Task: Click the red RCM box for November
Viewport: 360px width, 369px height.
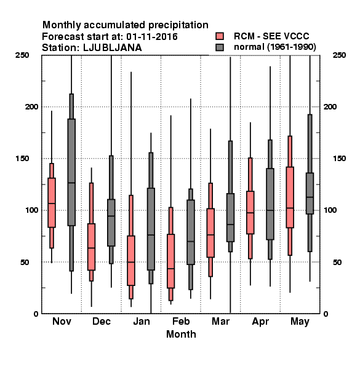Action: (x=52, y=202)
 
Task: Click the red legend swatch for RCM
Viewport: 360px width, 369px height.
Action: (x=220, y=36)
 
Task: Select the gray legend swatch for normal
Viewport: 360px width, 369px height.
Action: (x=220, y=47)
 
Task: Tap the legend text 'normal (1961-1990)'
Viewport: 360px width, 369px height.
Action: (x=274, y=47)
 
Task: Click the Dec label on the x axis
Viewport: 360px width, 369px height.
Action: (x=102, y=321)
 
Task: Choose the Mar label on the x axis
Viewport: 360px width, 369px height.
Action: (x=220, y=321)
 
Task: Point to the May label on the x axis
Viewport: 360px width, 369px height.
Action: (x=300, y=322)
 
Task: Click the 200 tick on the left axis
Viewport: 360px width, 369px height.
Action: (x=31, y=106)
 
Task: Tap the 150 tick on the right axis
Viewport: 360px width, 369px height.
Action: (x=339, y=159)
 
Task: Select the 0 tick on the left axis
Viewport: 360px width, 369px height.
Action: (x=36, y=314)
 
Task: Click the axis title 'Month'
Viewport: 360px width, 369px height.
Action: (x=181, y=334)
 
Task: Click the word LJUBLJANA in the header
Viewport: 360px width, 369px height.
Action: (x=113, y=48)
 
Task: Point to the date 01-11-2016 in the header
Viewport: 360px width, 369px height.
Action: (x=152, y=37)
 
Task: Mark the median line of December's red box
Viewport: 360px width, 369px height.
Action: (x=91, y=248)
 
